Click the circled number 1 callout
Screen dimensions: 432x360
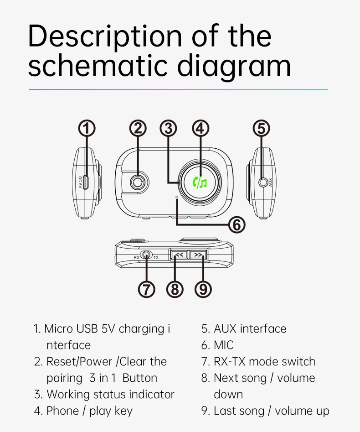[x=87, y=129]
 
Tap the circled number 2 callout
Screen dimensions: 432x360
[x=138, y=129]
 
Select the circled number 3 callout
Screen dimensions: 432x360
[x=169, y=129]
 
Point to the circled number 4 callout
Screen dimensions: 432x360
[x=200, y=129]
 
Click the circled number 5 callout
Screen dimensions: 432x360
[x=261, y=129]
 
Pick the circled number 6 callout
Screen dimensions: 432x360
[x=236, y=224]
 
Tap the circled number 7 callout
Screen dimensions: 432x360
[x=146, y=289]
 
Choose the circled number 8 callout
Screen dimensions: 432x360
[x=175, y=289]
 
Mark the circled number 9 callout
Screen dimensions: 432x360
[x=203, y=289]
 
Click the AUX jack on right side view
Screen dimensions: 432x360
[x=262, y=182]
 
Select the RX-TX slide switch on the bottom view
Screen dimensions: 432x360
[x=146, y=255]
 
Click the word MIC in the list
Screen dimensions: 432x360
[x=223, y=345]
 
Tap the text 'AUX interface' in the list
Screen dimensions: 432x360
[x=250, y=329]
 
